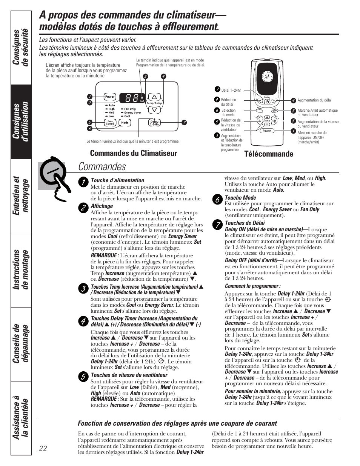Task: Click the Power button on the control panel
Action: pyautogui.click(x=110, y=97)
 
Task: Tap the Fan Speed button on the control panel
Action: pyautogui.click(x=110, y=123)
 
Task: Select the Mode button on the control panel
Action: pyautogui.click(x=125, y=123)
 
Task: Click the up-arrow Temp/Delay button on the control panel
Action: pyautogui.click(x=154, y=97)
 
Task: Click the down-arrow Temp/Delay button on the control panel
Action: pyautogui.click(x=154, y=109)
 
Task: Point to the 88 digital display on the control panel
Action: pyautogui.click(x=129, y=98)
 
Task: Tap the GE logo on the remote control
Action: pyautogui.click(x=267, y=77)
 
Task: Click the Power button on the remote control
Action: pyautogui.click(x=267, y=131)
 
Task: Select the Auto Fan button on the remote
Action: pyautogui.click(x=275, y=110)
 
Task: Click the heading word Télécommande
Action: pyautogui.click(x=269, y=154)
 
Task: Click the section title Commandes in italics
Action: pyautogui.click(x=102, y=166)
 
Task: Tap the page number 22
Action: pyautogui.click(x=43, y=448)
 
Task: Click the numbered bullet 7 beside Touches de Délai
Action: pyautogui.click(x=217, y=225)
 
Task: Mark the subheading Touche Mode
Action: pyautogui.click(x=240, y=198)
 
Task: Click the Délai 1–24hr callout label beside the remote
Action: pyautogui.click(x=231, y=91)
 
